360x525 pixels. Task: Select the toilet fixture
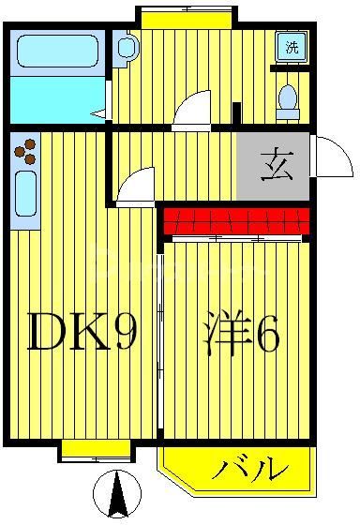[x=288, y=100]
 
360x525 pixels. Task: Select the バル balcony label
[x=247, y=466]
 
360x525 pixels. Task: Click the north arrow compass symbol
[x=118, y=495]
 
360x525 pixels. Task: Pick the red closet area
[x=236, y=222]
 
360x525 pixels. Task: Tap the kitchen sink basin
[x=26, y=194]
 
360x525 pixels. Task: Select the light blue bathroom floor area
[x=56, y=97]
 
